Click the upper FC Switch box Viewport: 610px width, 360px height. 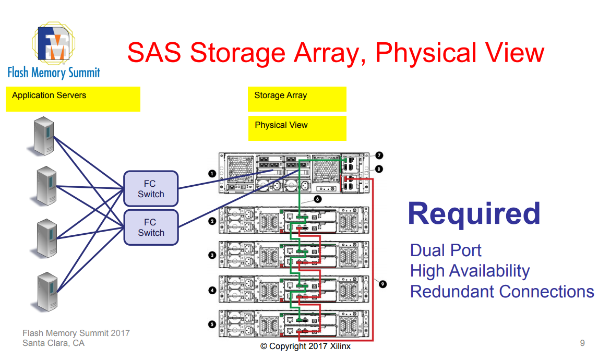[151, 188]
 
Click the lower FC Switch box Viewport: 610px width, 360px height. [151, 227]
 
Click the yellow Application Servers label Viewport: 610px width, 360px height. [73, 99]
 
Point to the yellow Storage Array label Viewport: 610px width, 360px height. [297, 99]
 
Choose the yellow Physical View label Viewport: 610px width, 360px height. [297, 128]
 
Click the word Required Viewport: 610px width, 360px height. [474, 214]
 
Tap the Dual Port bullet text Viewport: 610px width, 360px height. [446, 250]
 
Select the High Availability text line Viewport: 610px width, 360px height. [470, 271]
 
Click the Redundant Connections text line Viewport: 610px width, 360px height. [502, 291]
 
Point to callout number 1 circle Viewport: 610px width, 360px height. [212, 173]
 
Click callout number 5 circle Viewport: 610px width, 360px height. [212, 324]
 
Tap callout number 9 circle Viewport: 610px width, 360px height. [382, 284]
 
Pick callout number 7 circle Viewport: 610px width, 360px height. [379, 155]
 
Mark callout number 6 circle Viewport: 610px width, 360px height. [318, 199]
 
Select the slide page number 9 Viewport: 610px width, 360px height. [582, 343]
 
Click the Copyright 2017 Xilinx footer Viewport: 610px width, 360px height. [305, 346]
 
